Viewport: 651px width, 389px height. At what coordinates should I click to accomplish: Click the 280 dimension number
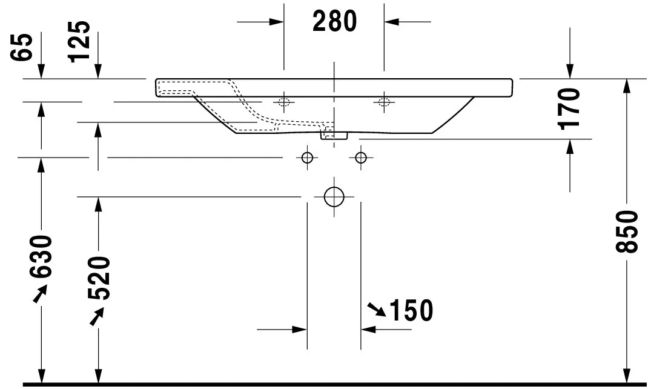[x=334, y=22]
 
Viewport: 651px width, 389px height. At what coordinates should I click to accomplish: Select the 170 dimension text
[x=570, y=108]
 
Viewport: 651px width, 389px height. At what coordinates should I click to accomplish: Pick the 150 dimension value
[x=411, y=311]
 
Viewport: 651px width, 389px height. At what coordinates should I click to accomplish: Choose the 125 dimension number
[x=79, y=42]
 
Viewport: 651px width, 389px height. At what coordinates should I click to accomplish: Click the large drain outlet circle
[x=334, y=196]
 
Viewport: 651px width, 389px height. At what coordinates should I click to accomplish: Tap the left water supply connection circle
[x=307, y=158]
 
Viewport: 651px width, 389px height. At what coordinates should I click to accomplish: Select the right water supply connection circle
[x=361, y=158]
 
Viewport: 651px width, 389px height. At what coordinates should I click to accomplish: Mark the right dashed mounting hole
[x=383, y=101]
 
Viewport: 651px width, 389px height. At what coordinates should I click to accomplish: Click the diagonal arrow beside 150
[x=376, y=310]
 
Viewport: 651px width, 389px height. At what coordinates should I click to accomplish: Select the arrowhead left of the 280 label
[x=277, y=22]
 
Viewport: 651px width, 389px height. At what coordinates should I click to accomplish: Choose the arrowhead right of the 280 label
[x=391, y=22]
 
